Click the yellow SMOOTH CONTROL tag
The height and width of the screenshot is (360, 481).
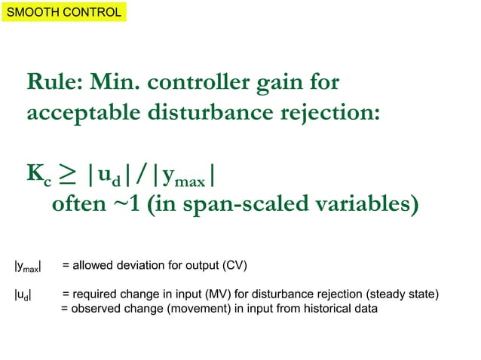point(63,13)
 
